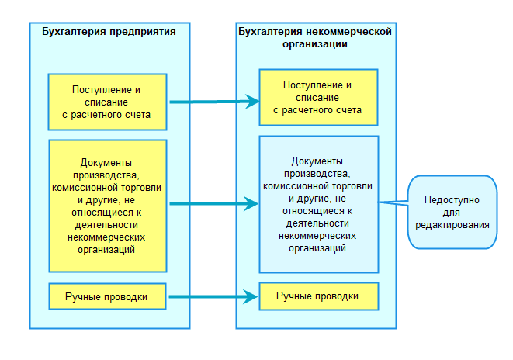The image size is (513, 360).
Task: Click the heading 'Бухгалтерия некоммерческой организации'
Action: [x=314, y=38]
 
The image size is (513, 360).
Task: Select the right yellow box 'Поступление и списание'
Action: [x=318, y=98]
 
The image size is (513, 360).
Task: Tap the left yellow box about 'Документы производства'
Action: [x=107, y=206]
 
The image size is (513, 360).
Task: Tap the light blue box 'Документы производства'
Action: [x=318, y=204]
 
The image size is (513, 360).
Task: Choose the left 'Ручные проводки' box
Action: [x=107, y=296]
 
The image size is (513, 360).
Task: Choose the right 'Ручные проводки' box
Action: [x=318, y=296]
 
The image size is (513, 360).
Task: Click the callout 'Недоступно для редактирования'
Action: [x=452, y=211]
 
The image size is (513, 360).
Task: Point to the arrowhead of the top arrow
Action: [x=252, y=101]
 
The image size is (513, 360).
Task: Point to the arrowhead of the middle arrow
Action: [x=252, y=204]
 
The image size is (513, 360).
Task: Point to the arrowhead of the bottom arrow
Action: [x=252, y=296]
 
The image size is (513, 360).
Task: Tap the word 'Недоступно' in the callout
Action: [x=452, y=199]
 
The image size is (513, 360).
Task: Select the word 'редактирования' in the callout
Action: [x=452, y=224]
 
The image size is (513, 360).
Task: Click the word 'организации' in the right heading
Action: [x=314, y=44]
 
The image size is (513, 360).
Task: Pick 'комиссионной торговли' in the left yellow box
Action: [x=107, y=187]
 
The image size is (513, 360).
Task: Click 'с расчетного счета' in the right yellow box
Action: [x=318, y=110]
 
